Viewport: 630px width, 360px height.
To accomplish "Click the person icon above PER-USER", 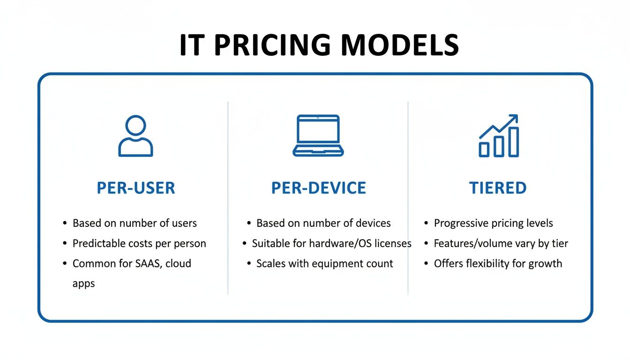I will point(135,136).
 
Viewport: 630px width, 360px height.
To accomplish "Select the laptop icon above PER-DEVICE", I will point(318,135).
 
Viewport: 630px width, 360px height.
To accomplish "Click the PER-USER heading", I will point(135,188).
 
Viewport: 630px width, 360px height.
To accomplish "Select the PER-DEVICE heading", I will point(318,188).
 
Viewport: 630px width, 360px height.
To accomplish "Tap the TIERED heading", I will point(498,188).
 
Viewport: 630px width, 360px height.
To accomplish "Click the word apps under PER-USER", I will point(83,284).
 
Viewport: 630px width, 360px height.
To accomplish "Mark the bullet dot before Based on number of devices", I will point(249,223).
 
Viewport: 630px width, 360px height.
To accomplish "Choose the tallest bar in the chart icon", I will point(514,142).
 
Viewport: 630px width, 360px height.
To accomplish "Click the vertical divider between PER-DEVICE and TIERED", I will point(408,197).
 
